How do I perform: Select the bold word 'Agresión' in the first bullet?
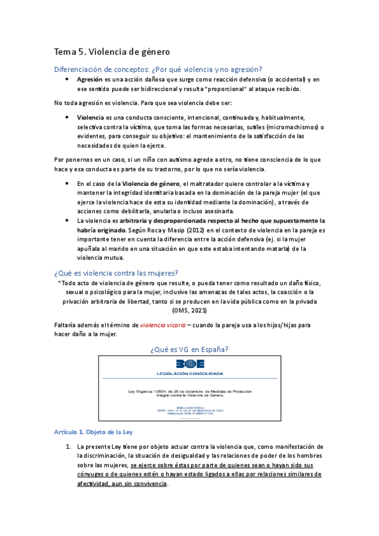pyautogui.click(x=90, y=80)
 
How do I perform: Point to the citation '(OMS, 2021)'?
pyautogui.click(x=189, y=311)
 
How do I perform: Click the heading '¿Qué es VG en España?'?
pyautogui.click(x=189, y=349)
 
